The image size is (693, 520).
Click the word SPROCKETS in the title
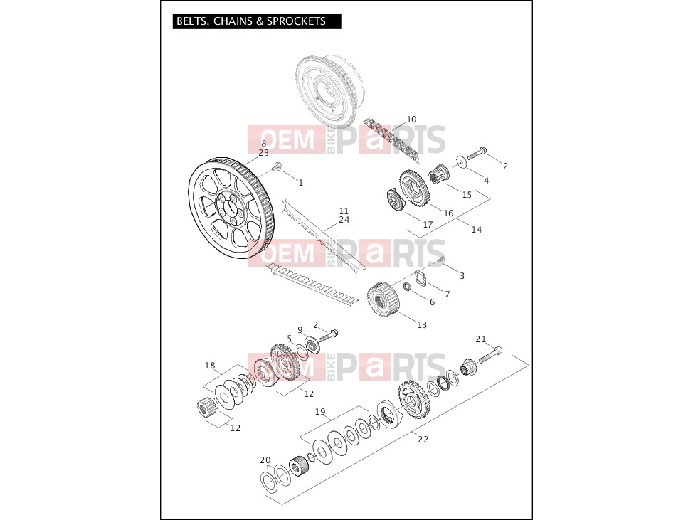[296, 21]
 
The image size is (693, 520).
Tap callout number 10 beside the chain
[411, 120]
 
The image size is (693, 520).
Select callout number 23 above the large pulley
[263, 153]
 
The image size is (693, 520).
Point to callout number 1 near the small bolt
[301, 183]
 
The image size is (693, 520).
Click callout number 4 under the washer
[486, 180]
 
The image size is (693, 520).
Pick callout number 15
[467, 194]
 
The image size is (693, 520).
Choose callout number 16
[448, 213]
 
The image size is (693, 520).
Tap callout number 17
[428, 225]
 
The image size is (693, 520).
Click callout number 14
[476, 229]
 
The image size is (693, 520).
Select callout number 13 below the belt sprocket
[422, 324]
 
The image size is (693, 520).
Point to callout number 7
[448, 294]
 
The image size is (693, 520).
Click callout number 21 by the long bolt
[480, 339]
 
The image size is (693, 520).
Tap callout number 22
[423, 439]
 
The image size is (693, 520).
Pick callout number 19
[320, 412]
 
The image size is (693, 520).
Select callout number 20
[265, 460]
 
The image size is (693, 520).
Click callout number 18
[210, 366]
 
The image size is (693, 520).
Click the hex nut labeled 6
[409, 286]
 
